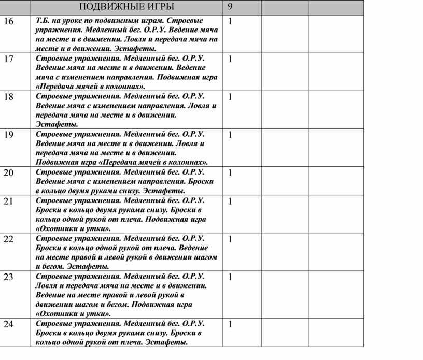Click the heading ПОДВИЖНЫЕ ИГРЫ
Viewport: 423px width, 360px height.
(x=126, y=7)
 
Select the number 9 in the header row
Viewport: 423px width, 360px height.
(x=231, y=7)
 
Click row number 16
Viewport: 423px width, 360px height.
(x=8, y=22)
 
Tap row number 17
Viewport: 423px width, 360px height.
(x=8, y=59)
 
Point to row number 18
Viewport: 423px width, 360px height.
(x=8, y=97)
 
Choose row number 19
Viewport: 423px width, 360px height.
(x=8, y=135)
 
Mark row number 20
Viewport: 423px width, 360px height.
(x=8, y=173)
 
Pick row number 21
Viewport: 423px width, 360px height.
(x=8, y=201)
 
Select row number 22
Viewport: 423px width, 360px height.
(x=8, y=239)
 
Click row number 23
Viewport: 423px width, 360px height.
(x=8, y=277)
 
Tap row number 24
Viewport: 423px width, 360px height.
(x=8, y=324)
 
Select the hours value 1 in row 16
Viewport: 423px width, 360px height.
(x=230, y=22)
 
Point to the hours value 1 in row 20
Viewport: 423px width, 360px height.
(x=230, y=173)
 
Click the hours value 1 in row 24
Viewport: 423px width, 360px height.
(x=230, y=324)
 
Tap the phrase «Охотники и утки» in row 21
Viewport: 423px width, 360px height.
(x=73, y=228)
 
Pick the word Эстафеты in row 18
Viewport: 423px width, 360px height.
(x=57, y=124)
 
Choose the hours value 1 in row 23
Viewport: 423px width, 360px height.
(x=230, y=277)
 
